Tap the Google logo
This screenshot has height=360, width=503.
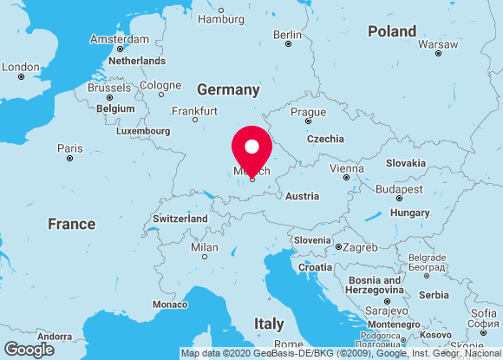tap(29, 349)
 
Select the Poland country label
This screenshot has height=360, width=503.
tap(392, 31)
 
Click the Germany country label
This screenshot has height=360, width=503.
tap(228, 89)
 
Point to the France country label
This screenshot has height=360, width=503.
tap(71, 224)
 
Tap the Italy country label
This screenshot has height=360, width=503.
tap(269, 324)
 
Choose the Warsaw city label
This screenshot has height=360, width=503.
tap(438, 43)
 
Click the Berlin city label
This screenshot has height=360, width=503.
tap(288, 35)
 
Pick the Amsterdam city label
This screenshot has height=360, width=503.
tap(120, 39)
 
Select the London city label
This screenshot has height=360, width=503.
tap(21, 66)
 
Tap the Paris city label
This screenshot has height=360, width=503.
tap(70, 148)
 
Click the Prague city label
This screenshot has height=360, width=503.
tap(308, 112)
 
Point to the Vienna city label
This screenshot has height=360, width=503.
tap(346, 168)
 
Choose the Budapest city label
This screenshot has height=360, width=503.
tap(399, 189)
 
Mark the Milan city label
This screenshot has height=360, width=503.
tap(204, 248)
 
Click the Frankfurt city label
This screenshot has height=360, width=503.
tap(194, 111)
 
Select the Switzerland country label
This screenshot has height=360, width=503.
tap(180, 219)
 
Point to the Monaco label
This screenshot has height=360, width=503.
tap(169, 304)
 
